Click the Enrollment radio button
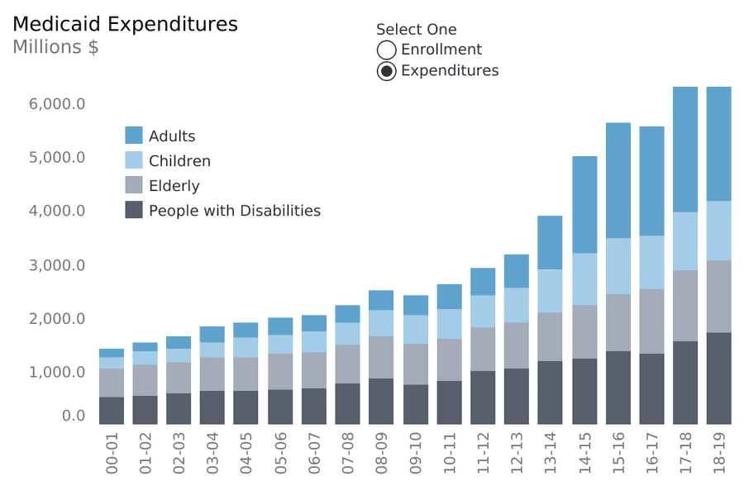coord(386,50)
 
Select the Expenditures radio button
coord(386,71)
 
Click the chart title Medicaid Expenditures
coord(125,24)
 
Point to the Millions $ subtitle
coord(55,47)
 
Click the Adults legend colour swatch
coord(134,136)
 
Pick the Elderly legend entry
coord(174,186)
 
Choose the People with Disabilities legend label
coord(234,211)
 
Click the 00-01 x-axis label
coord(112,454)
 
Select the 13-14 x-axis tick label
coord(550,454)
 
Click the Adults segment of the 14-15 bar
coord(584,205)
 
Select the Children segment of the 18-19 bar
coord(718,231)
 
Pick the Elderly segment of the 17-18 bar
coord(685,306)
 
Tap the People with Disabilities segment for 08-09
coord(381,402)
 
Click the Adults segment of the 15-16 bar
coord(618,180)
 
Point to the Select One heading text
coord(416,30)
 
